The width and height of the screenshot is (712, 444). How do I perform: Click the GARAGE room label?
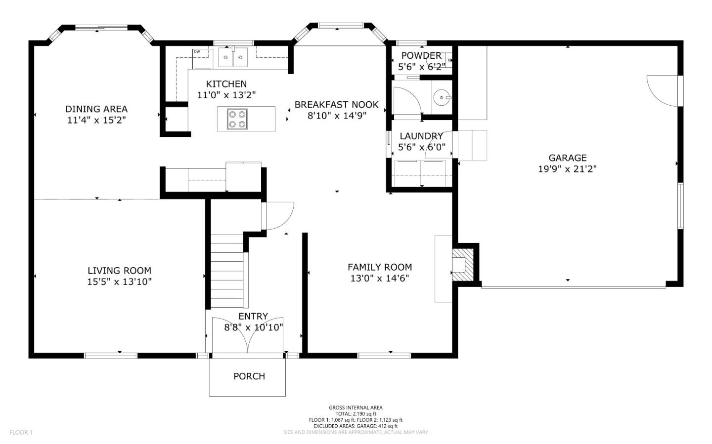(567, 158)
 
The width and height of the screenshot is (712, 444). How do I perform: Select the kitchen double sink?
(233, 57)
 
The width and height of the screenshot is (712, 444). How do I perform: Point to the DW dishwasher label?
(197, 51)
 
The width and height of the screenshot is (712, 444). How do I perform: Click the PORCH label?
(249, 376)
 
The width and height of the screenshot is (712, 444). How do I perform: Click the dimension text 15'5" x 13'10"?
(119, 282)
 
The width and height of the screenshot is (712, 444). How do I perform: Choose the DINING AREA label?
(96, 109)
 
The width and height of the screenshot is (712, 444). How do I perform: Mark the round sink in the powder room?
(441, 98)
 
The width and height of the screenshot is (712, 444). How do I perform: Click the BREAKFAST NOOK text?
(336, 105)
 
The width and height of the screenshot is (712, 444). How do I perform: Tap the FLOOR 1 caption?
(21, 433)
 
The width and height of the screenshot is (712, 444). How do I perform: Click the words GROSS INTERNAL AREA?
(356, 408)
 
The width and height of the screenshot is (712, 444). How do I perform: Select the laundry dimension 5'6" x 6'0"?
(421, 147)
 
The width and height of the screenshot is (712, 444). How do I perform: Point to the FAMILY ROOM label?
(380, 267)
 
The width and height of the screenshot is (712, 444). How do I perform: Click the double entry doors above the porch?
(248, 336)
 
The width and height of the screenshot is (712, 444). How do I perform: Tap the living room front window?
(111, 355)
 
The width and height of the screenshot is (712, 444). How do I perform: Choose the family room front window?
(384, 355)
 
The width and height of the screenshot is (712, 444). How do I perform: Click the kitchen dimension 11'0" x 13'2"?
(226, 95)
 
